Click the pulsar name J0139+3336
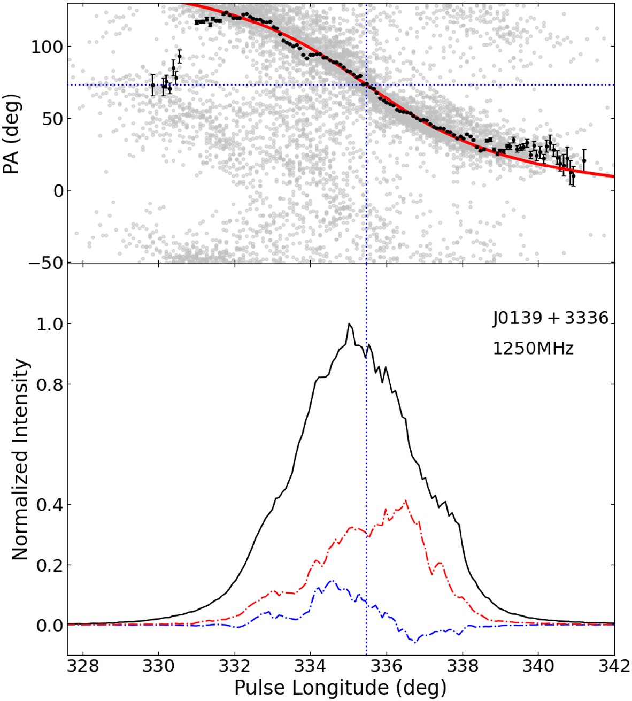[551, 319]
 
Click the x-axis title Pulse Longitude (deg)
[340, 687]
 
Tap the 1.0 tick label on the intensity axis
[50, 324]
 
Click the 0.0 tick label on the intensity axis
[50, 625]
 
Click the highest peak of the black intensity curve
[349, 323]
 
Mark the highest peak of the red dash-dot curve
[407, 500]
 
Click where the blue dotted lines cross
[366, 84]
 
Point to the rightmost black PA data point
[584, 160]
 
